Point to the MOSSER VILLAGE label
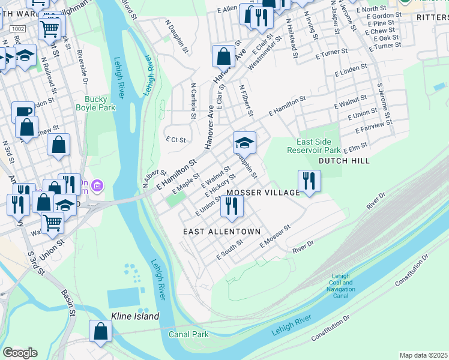click(262, 193)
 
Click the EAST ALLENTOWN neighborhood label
click(221, 232)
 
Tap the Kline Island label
click(135, 316)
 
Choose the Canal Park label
click(187, 334)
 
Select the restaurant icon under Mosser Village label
click(231, 206)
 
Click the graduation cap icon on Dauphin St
click(244, 143)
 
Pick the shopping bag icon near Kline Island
click(100, 331)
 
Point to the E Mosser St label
click(275, 236)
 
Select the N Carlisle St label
click(193, 101)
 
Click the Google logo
click(20, 352)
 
